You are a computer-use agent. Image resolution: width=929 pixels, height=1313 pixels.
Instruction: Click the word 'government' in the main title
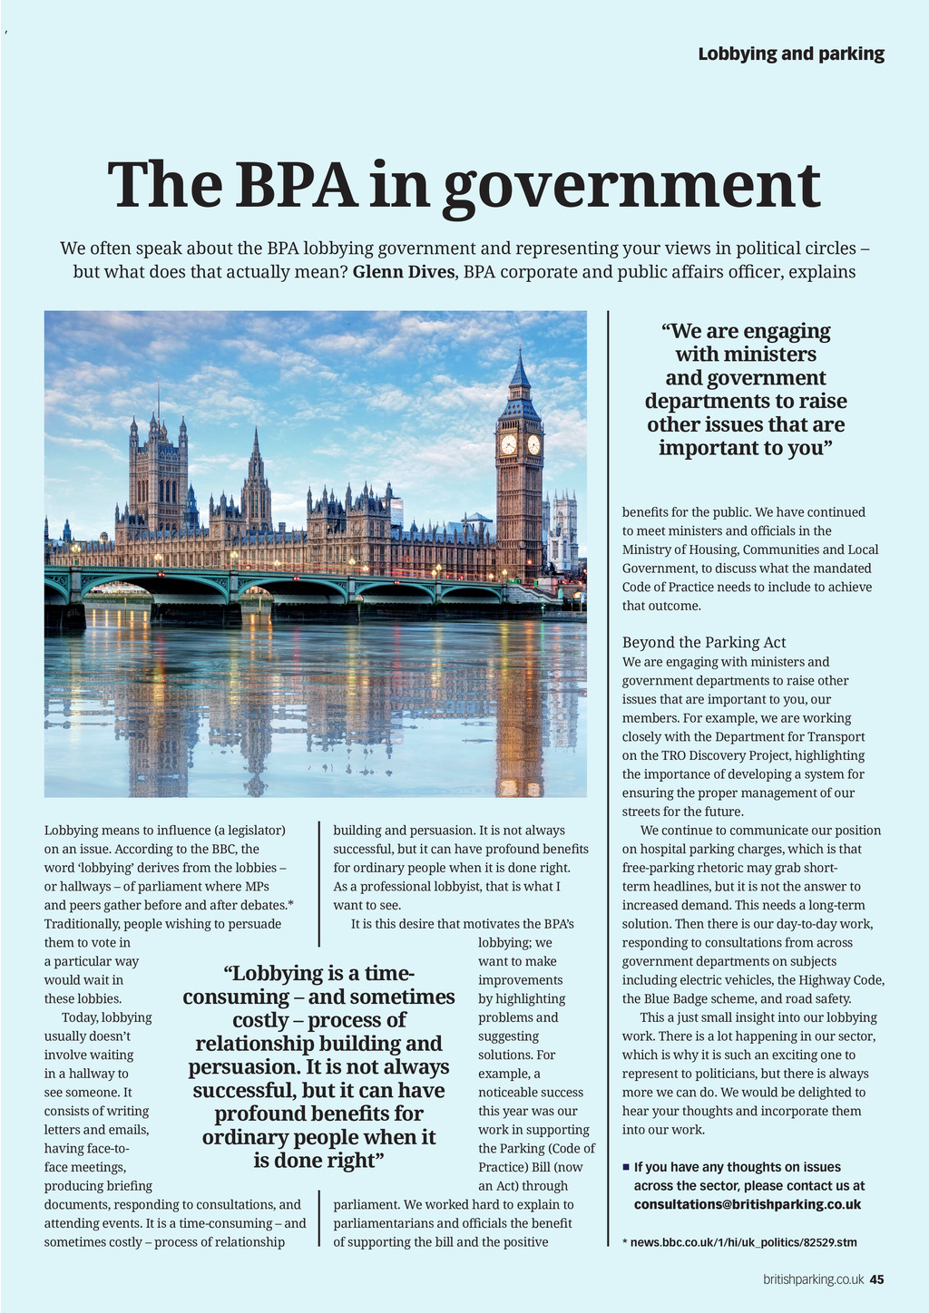click(x=631, y=187)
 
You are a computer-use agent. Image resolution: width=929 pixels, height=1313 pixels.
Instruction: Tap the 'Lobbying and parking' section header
click(x=791, y=53)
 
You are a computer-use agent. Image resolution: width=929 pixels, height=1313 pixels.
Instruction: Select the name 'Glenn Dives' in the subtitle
click(x=403, y=272)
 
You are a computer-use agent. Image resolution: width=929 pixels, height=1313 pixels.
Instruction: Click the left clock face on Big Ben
click(x=508, y=444)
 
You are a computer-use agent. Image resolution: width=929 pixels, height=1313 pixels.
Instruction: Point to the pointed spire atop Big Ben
click(x=520, y=367)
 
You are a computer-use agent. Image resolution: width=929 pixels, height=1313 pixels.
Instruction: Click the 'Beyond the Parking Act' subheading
click(x=704, y=643)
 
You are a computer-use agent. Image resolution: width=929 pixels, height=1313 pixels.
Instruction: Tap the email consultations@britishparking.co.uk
click(x=747, y=1204)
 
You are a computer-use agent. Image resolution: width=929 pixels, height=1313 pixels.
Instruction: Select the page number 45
click(x=876, y=1279)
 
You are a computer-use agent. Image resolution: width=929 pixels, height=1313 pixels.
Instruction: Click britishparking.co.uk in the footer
click(x=813, y=1279)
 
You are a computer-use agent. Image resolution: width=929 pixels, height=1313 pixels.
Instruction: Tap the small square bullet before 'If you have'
click(x=626, y=1166)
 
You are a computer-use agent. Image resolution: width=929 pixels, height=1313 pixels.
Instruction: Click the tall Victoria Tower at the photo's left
click(x=158, y=476)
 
